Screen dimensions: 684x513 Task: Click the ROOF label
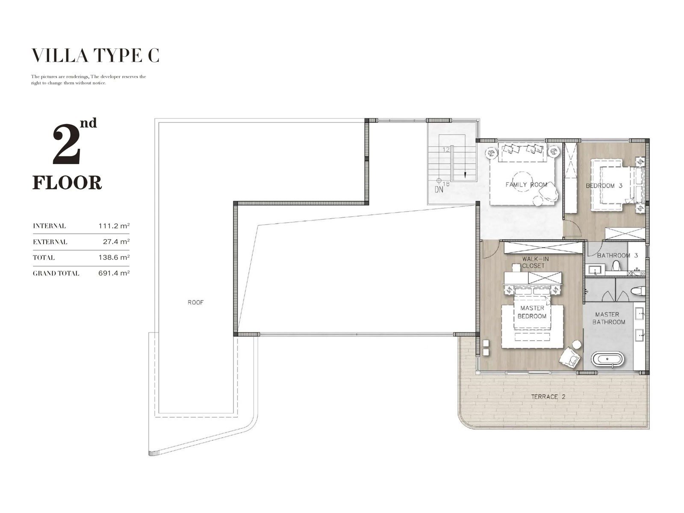196,302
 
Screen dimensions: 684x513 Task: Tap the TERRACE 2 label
548,397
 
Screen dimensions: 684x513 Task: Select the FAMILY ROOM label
526,185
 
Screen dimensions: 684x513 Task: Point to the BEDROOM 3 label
604,186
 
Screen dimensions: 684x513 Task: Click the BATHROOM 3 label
617,255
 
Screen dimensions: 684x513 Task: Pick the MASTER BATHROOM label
609,318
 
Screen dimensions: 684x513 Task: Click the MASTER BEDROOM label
532,312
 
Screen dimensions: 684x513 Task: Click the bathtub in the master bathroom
607,359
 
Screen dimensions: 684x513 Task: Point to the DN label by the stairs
439,189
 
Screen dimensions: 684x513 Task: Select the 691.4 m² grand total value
114,273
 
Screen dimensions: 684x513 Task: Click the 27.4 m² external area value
116,242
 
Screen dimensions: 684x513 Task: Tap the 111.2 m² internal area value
114,226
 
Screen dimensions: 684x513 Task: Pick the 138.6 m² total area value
114,257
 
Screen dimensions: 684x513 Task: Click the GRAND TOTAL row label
56,274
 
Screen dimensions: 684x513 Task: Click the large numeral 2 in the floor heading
66,144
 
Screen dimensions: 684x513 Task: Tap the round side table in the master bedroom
577,344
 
